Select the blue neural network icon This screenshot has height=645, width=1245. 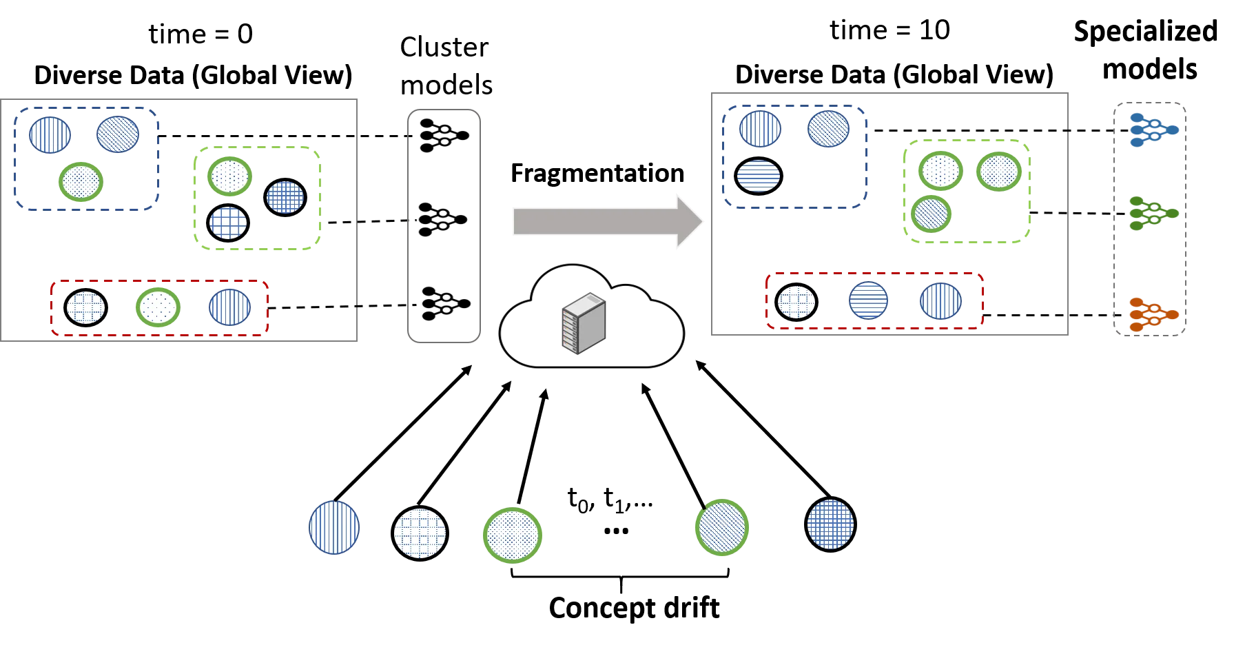[1153, 130]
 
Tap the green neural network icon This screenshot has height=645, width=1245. [1152, 214]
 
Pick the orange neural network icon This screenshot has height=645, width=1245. [1152, 314]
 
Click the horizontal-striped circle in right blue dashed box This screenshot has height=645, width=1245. [759, 175]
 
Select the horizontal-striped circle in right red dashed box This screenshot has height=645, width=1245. [868, 300]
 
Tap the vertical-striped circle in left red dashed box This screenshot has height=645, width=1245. [230, 307]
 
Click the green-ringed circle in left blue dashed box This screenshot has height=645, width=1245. [81, 182]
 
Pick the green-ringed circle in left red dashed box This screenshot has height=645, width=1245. [158, 307]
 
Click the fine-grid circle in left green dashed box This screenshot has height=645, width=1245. [285, 197]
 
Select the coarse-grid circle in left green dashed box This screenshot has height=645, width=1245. [228, 223]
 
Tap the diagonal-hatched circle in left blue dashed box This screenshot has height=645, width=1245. [118, 134]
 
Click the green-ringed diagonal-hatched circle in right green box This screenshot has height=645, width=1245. [932, 214]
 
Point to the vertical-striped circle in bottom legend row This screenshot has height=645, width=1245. [334, 528]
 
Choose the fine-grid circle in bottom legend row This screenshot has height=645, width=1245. [830, 524]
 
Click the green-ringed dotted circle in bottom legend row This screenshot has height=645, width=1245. [513, 535]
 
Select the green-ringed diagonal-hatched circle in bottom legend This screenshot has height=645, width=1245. [722, 527]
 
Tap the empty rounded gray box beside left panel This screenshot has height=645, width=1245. [444, 225]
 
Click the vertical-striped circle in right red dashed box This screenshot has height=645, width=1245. [940, 301]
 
